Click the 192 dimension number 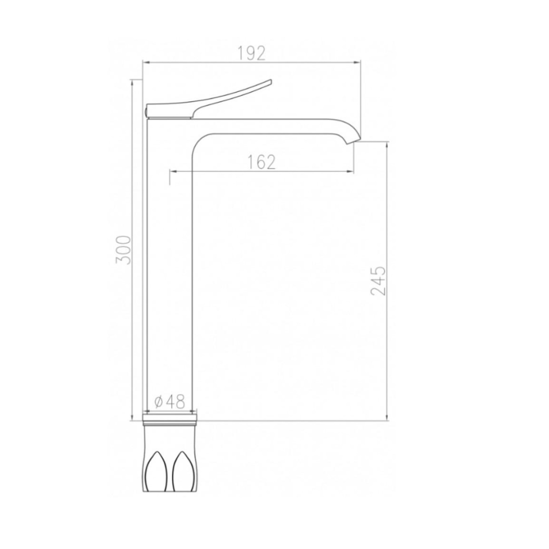pos(251,53)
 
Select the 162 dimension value pos(261,162)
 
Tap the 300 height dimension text pos(124,250)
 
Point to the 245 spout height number pos(379,281)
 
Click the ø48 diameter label pos(170,402)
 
